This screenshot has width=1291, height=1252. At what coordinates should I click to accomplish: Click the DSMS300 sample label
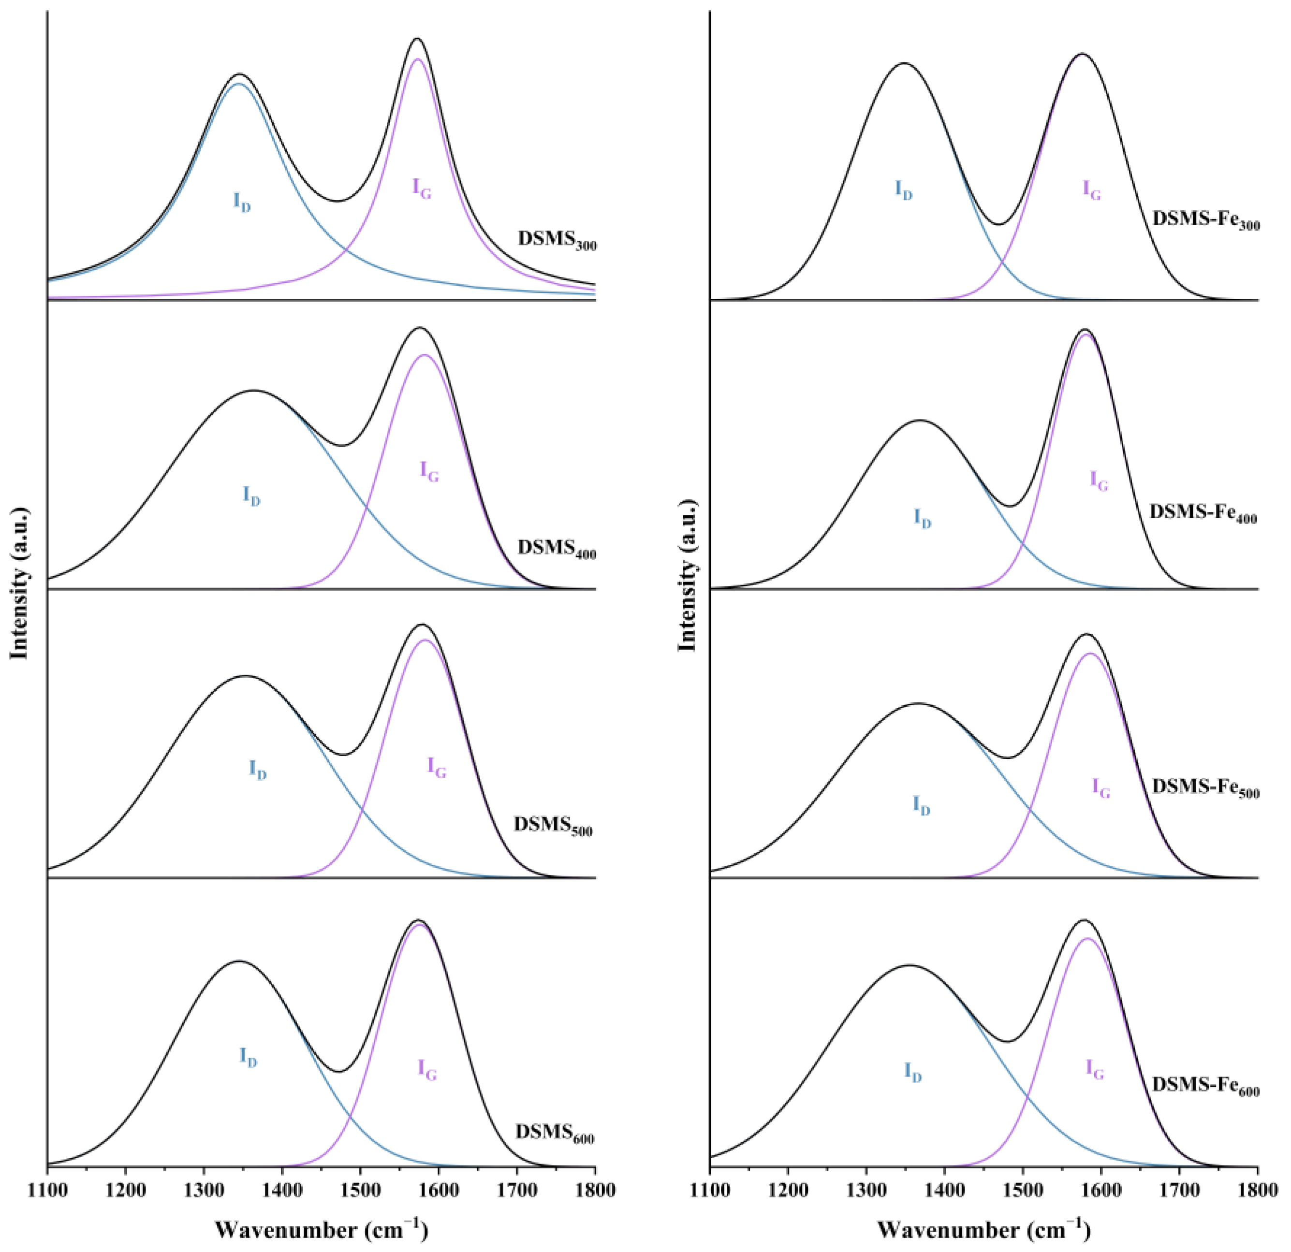click(557, 240)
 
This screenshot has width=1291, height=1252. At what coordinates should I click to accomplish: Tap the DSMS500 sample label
click(553, 826)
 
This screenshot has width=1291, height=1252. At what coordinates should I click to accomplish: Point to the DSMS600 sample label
click(555, 1114)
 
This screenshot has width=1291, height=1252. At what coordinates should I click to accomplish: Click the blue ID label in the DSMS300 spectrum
click(242, 202)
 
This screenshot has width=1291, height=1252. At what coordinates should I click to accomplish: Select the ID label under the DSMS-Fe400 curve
click(922, 518)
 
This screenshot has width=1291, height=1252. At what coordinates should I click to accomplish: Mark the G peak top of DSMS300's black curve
click(417, 38)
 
